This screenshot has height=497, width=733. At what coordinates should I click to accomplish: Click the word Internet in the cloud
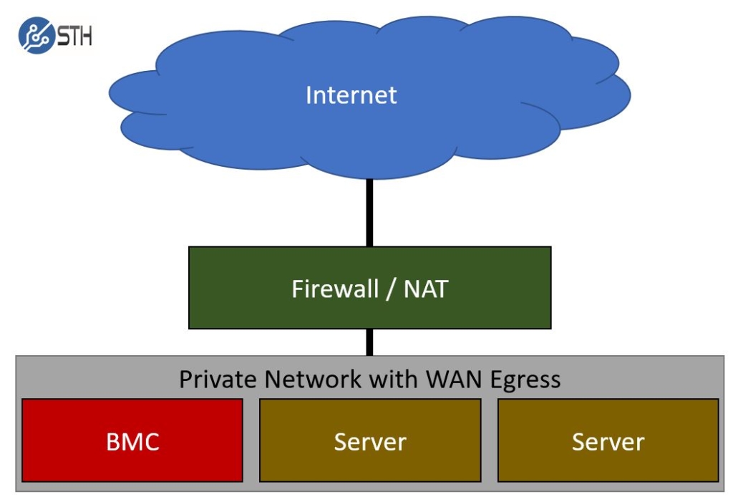point(351,95)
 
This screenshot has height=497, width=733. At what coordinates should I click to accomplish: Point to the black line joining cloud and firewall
point(369,212)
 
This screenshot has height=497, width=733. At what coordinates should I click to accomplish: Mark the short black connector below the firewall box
point(369,342)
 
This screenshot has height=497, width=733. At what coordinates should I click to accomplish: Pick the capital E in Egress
point(497,379)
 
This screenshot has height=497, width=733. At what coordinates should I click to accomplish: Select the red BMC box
point(132,440)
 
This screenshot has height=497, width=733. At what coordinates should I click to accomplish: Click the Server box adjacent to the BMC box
point(370,440)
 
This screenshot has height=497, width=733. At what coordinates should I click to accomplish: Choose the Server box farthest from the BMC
point(608,440)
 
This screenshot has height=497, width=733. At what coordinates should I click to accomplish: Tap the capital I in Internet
point(309,95)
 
